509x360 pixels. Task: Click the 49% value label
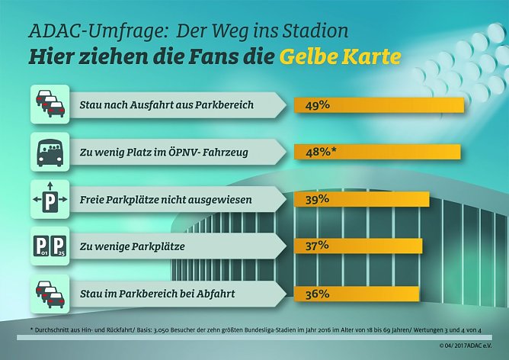(x=318, y=104)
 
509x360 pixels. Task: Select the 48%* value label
(x=321, y=152)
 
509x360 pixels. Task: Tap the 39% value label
(x=317, y=199)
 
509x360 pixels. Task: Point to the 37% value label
(x=317, y=246)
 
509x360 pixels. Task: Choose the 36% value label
(x=317, y=293)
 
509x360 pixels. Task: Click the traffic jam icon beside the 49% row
(x=50, y=104)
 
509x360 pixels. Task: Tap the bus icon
(x=50, y=151)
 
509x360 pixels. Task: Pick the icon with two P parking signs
(x=50, y=246)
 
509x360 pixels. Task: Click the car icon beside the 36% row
(x=50, y=293)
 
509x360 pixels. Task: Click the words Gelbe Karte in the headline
(x=341, y=57)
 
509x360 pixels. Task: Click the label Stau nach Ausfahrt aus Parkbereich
(x=166, y=104)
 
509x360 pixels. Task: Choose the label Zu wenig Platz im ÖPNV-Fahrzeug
(x=163, y=152)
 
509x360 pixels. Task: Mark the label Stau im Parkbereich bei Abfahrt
(x=156, y=294)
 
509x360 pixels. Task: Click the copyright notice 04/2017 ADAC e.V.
(x=468, y=346)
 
